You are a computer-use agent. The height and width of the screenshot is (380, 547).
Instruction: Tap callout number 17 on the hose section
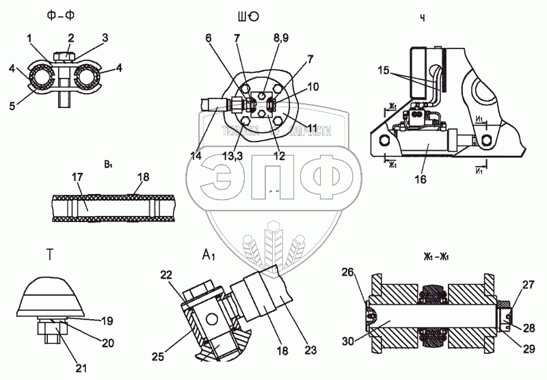point(78,177)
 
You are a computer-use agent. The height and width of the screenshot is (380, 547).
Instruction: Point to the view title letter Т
point(50,255)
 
